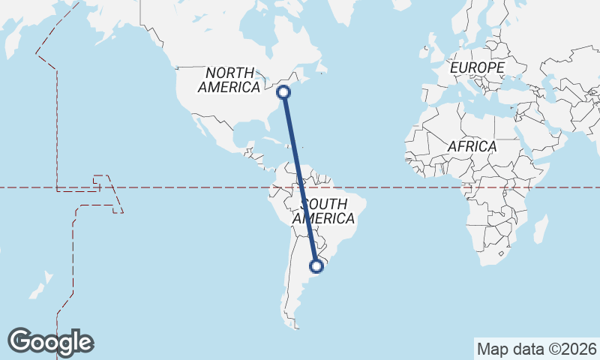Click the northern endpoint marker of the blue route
click(x=283, y=92)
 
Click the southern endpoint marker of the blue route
click(x=316, y=265)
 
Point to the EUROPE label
click(x=477, y=68)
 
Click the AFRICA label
click(x=472, y=146)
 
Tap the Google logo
click(x=50, y=341)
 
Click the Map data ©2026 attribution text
click(x=536, y=349)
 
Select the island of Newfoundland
click(x=321, y=69)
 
